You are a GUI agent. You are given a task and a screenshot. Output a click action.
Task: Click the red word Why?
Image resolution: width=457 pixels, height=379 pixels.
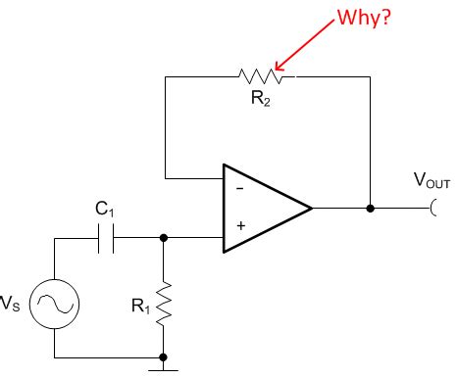tap(365, 20)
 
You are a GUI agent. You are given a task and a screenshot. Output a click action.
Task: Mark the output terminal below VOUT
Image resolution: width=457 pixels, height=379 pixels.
tap(432, 209)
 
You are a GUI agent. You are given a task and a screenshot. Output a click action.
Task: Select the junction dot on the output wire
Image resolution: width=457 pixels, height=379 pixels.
tap(370, 209)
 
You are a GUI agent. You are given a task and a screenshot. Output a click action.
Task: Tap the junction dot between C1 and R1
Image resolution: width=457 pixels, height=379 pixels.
tap(163, 236)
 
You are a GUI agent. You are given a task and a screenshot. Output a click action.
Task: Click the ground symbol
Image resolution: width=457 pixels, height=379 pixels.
tap(163, 371)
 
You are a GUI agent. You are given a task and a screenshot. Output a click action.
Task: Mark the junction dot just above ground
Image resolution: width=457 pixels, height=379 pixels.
tap(163, 356)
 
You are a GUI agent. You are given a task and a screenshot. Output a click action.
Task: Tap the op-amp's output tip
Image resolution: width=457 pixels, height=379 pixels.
tap(312, 209)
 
